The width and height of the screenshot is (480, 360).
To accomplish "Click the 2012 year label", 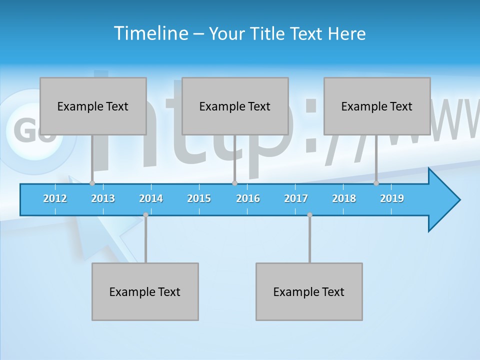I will (55, 198).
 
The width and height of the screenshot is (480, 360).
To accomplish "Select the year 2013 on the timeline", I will (103, 198).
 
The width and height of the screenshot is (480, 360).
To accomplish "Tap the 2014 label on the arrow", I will (151, 198).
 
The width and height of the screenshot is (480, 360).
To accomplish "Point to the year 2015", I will (199, 198).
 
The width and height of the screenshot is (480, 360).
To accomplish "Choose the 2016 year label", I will (248, 198).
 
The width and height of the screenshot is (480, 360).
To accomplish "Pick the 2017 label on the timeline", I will (296, 198).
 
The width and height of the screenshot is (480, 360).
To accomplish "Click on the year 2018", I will (344, 198).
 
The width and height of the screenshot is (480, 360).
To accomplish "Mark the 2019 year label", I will (392, 198).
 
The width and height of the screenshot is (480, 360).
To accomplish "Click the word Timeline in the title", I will (150, 33).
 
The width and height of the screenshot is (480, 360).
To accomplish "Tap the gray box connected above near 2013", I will (93, 106).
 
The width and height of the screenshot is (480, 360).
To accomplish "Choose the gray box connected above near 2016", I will (235, 106).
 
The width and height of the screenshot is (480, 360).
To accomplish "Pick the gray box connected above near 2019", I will (377, 106).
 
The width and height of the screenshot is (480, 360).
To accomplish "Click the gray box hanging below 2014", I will (145, 291).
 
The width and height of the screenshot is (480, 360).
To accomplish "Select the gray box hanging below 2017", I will (309, 291).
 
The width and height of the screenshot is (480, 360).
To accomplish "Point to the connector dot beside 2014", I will (145, 215).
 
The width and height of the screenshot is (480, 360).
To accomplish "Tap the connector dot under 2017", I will (309, 215).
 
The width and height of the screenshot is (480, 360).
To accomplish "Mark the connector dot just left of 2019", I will (376, 183).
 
